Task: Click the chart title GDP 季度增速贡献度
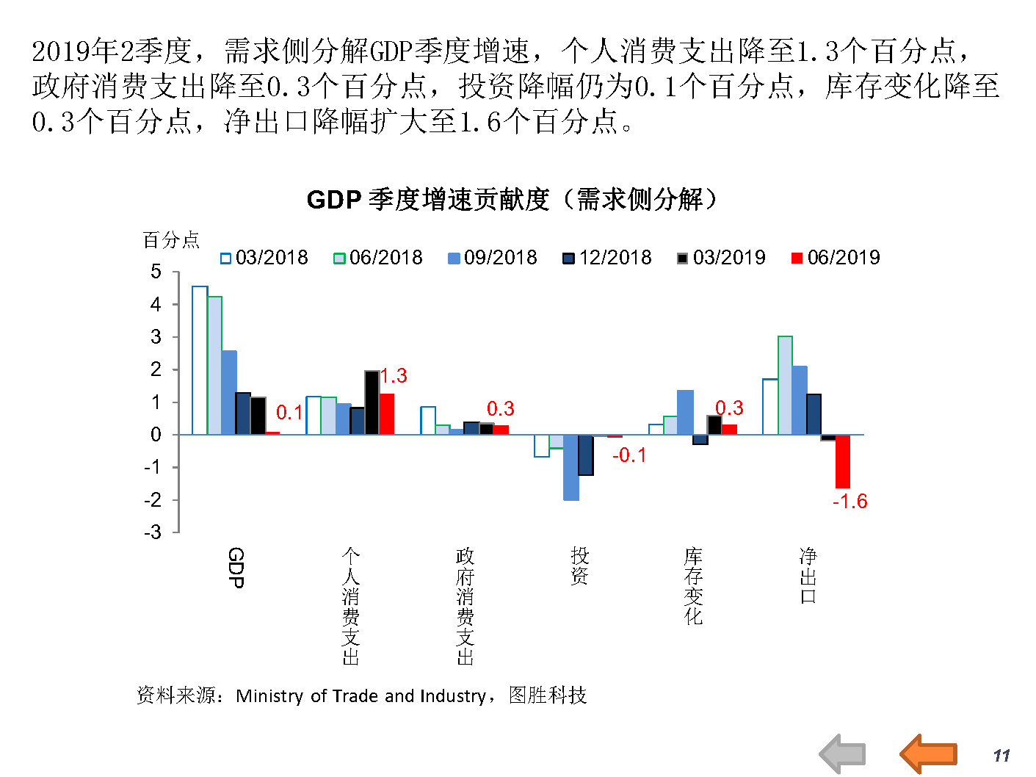pyautogui.click(x=511, y=200)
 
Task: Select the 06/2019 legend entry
pyautogui.click(x=836, y=258)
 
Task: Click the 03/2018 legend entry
pyautogui.click(x=264, y=258)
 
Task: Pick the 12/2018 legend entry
pyautogui.click(x=607, y=258)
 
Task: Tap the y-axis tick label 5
pyautogui.click(x=156, y=272)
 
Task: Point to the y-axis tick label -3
pyautogui.click(x=153, y=532)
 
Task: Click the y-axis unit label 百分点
pyautogui.click(x=170, y=240)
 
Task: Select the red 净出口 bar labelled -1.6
pyautogui.click(x=842, y=461)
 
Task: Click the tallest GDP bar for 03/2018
pyautogui.click(x=200, y=360)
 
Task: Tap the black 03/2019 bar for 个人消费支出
pyautogui.click(x=372, y=402)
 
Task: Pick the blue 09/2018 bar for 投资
pyautogui.click(x=571, y=468)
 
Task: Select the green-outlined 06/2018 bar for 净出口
pyautogui.click(x=785, y=386)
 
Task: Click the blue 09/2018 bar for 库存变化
pyautogui.click(x=685, y=412)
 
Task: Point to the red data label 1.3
pyautogui.click(x=394, y=376)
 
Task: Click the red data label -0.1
pyautogui.click(x=629, y=455)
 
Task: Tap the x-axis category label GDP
pyautogui.click(x=236, y=568)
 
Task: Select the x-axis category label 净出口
pyautogui.click(x=808, y=576)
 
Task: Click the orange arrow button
pyautogui.click(x=928, y=753)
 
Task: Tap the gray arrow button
pyautogui.click(x=843, y=753)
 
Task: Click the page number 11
pyautogui.click(x=1001, y=756)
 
